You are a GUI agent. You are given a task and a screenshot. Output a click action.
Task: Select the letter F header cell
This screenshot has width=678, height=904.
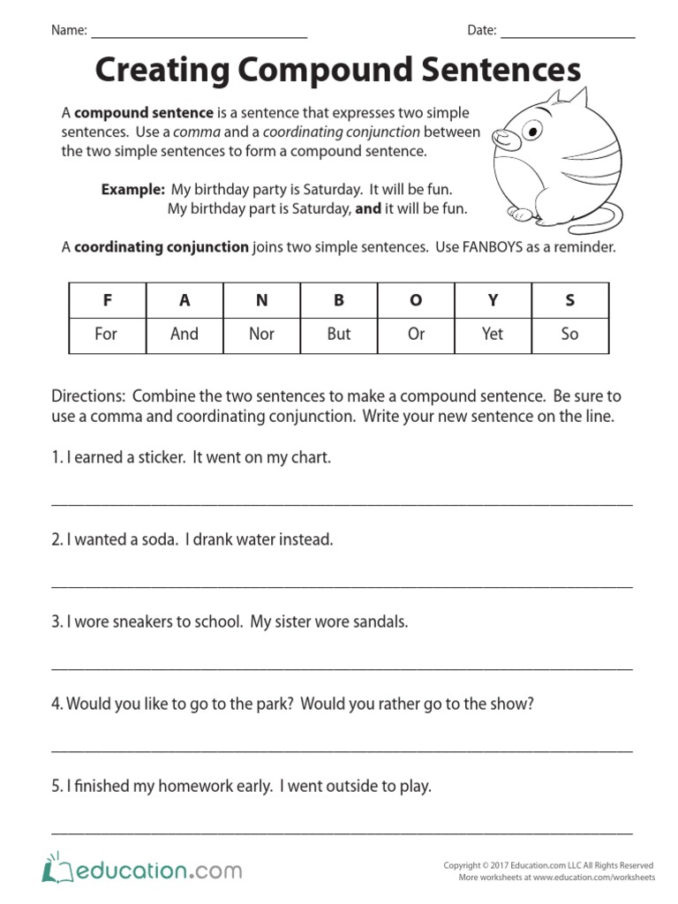[x=107, y=300]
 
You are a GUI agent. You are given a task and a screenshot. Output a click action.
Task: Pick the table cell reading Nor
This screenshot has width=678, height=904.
[x=261, y=334]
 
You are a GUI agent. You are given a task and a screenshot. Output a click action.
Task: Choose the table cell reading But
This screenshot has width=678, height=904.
[x=338, y=334]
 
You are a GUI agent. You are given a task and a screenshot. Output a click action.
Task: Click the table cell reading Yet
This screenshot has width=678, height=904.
[x=493, y=334]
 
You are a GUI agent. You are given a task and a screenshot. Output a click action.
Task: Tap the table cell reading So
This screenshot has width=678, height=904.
[x=569, y=334]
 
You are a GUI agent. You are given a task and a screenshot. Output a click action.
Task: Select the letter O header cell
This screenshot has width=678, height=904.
[x=416, y=300]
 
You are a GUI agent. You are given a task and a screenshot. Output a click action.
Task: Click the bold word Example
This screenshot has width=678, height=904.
[x=132, y=190]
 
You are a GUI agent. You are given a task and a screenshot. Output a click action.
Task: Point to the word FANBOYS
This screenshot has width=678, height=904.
[x=491, y=247]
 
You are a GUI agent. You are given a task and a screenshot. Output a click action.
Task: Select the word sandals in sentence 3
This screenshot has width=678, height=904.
[x=380, y=621]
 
